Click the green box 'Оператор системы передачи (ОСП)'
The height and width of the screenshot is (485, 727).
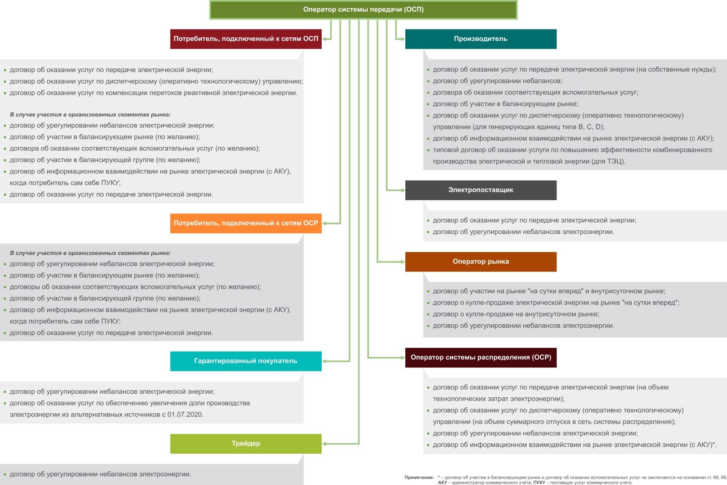(363, 10)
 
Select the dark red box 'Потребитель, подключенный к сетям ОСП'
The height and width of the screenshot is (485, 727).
(246, 39)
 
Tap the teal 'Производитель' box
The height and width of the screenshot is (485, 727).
(481, 39)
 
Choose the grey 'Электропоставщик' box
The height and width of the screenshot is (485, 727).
(481, 190)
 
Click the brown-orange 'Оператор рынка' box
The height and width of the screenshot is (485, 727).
(481, 262)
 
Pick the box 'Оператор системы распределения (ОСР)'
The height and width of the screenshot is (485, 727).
(481, 357)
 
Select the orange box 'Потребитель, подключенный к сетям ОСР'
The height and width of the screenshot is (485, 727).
(246, 223)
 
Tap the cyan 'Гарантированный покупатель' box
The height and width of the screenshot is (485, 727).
(246, 361)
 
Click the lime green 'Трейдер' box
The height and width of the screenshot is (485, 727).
(246, 444)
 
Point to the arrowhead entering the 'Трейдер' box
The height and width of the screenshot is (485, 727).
(324, 444)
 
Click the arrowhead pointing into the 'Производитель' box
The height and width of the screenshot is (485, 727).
(403, 39)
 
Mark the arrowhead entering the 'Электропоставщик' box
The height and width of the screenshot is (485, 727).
(403, 190)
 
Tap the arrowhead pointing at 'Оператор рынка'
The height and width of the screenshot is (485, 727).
(403, 262)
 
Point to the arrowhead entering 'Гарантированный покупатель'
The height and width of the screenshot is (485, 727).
(324, 361)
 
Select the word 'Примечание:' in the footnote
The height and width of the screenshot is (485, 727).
(419, 477)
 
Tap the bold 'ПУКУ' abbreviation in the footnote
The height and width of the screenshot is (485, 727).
(539, 482)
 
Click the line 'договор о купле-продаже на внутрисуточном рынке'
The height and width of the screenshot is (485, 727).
(516, 314)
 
